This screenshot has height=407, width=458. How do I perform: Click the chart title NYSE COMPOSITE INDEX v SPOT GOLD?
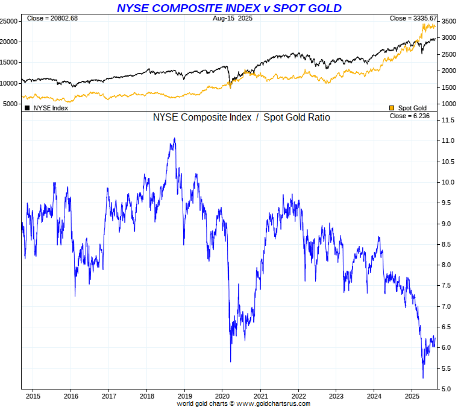pos(229,8)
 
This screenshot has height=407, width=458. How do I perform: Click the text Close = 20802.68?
pos(52,19)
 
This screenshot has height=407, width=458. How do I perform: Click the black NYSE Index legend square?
pos(27,108)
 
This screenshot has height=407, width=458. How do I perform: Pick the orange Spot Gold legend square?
pos(392,108)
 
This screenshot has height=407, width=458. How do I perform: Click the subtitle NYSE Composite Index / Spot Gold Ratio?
pos(242,118)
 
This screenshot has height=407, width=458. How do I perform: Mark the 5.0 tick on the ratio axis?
pos(446,389)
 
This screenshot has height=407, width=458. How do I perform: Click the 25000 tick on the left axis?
pos(8,21)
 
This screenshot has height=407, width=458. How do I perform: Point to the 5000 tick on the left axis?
pos(10,104)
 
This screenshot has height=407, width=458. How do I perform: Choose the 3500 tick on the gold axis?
pos(448,21)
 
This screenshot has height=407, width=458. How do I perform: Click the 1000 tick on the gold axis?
pos(448,104)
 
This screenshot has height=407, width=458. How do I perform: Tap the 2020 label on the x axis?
pos(222,396)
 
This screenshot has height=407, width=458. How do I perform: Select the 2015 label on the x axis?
pos(33,396)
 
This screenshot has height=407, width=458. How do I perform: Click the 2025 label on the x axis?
pos(412,396)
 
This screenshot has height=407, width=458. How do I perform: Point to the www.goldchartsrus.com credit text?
pos(273,403)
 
